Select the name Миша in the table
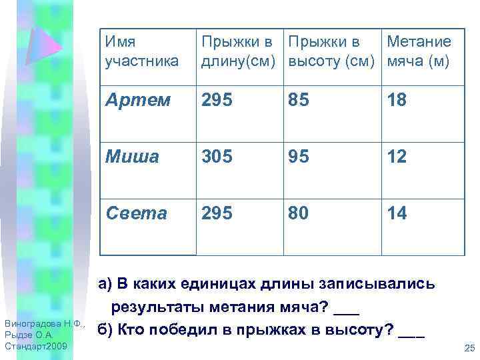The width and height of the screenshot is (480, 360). pos(132,157)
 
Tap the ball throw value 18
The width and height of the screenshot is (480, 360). pos(398,101)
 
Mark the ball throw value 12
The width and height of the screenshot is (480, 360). pos(398,157)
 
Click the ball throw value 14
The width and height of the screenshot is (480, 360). pos(398,213)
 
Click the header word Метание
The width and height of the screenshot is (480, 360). pos(419,42)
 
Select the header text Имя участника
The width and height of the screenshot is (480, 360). pos(141,51)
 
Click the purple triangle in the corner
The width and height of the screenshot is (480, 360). pos(45,44)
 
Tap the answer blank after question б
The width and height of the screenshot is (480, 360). pos(411,331)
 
